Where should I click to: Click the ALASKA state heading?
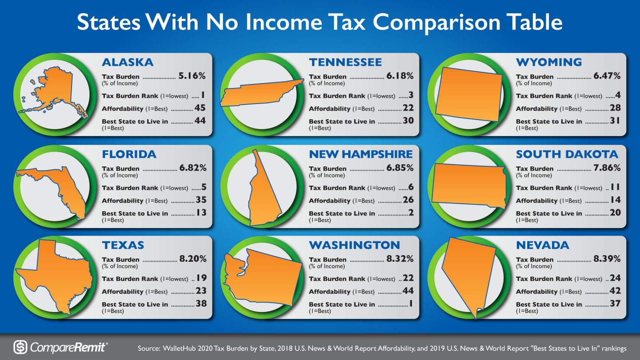click(x=128, y=62)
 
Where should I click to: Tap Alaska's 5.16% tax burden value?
click(x=192, y=76)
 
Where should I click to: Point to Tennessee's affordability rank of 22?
click(x=408, y=108)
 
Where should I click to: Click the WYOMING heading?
click(x=549, y=62)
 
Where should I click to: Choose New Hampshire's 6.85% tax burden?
click(x=400, y=168)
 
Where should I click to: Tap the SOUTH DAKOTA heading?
click(x=567, y=154)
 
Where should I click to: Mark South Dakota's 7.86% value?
click(x=607, y=168)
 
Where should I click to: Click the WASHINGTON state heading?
click(x=354, y=245)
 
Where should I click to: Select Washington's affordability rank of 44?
click(x=408, y=291)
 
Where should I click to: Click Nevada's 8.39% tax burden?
click(x=607, y=259)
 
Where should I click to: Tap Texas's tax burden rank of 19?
click(x=201, y=278)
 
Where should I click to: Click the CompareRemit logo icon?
click(x=20, y=347)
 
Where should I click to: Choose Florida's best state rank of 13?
click(x=201, y=213)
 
